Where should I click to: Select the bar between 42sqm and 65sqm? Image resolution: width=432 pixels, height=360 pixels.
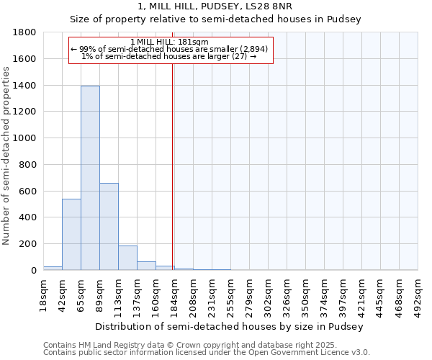pos(71,234)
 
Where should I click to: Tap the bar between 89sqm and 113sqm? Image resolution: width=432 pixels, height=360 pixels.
pos(109,226)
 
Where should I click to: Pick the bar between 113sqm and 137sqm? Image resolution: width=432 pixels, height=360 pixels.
pos(127,258)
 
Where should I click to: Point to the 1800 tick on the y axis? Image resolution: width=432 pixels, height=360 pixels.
pos(25,32)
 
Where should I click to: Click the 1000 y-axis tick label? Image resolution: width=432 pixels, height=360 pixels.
pos(25,138)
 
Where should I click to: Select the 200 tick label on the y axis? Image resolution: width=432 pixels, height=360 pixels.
pos(28,244)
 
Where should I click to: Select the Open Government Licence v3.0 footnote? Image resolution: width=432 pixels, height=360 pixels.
pos(207,353)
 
